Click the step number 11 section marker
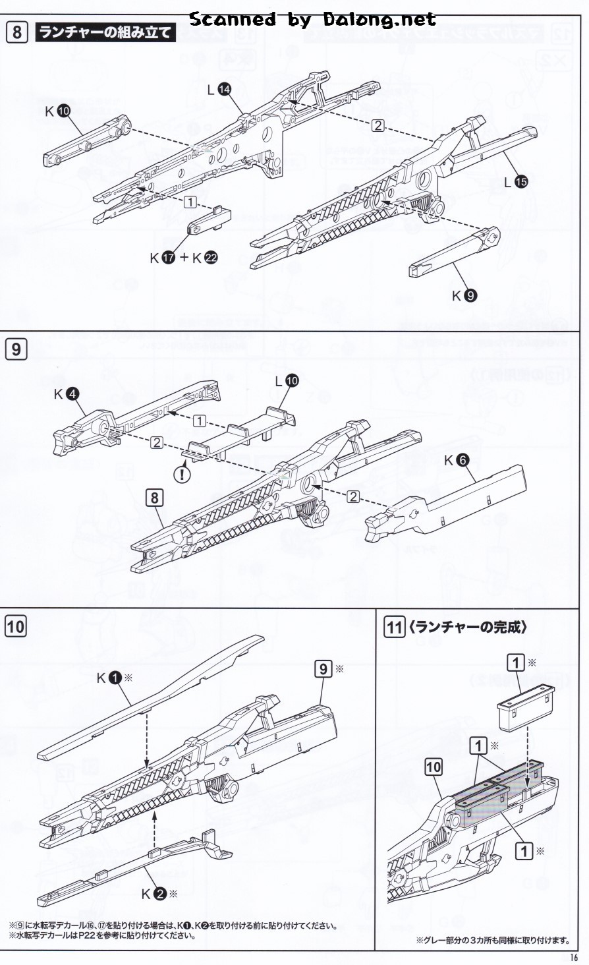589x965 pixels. pyautogui.click(x=393, y=627)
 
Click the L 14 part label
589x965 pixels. pyautogui.click(x=219, y=91)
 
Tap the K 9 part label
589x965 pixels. pyautogui.click(x=464, y=296)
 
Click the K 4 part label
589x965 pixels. pyautogui.click(x=67, y=394)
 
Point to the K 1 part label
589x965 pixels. pyautogui.click(x=112, y=678)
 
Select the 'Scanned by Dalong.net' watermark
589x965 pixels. pyautogui.click(x=312, y=19)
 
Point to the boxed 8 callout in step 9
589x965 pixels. pyautogui.click(x=154, y=497)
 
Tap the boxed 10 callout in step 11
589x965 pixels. pyautogui.click(x=433, y=767)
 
